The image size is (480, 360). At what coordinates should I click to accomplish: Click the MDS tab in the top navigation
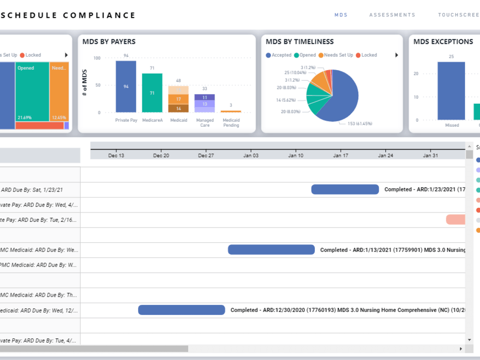pyautogui.click(x=341, y=15)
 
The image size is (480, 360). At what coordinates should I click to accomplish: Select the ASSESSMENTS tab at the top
pyautogui.click(x=392, y=15)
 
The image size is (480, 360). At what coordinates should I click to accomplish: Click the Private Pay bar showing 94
pyautogui.click(x=126, y=87)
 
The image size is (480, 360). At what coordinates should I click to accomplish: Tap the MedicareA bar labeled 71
pyautogui.click(x=152, y=93)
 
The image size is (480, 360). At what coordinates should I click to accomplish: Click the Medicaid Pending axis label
pyautogui.click(x=231, y=123)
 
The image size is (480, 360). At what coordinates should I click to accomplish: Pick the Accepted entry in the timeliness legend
pyautogui.click(x=278, y=55)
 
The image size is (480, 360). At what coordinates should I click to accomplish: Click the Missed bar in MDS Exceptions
pyautogui.click(x=451, y=91)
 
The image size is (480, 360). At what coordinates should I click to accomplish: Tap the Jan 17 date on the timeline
pyautogui.click(x=341, y=156)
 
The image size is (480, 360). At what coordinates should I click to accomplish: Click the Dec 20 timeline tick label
pyautogui.click(x=161, y=156)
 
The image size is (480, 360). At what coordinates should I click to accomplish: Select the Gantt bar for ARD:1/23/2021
pyautogui.click(x=345, y=189)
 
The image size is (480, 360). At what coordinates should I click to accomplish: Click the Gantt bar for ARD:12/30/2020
pyautogui.click(x=181, y=310)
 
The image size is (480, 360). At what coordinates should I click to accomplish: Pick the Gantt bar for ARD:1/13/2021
pyautogui.click(x=271, y=250)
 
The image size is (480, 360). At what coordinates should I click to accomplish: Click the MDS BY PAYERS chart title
pyautogui.click(x=109, y=42)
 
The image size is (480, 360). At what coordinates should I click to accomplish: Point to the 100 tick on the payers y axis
pyautogui.click(x=96, y=58)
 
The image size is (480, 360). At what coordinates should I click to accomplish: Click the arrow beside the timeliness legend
pyautogui.click(x=396, y=55)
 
